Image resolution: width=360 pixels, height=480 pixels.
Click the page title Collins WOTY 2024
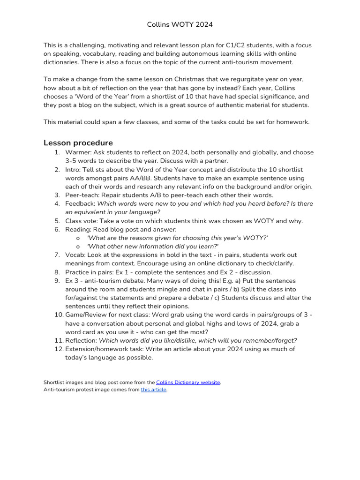(x=180, y=24)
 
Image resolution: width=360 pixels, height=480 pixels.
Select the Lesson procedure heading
(x=78, y=142)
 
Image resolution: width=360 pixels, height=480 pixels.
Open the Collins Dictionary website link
(x=188, y=382)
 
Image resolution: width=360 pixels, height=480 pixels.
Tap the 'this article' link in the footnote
(x=154, y=390)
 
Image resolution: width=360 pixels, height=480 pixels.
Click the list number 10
(x=58, y=315)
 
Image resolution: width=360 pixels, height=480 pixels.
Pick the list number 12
(x=58, y=349)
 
